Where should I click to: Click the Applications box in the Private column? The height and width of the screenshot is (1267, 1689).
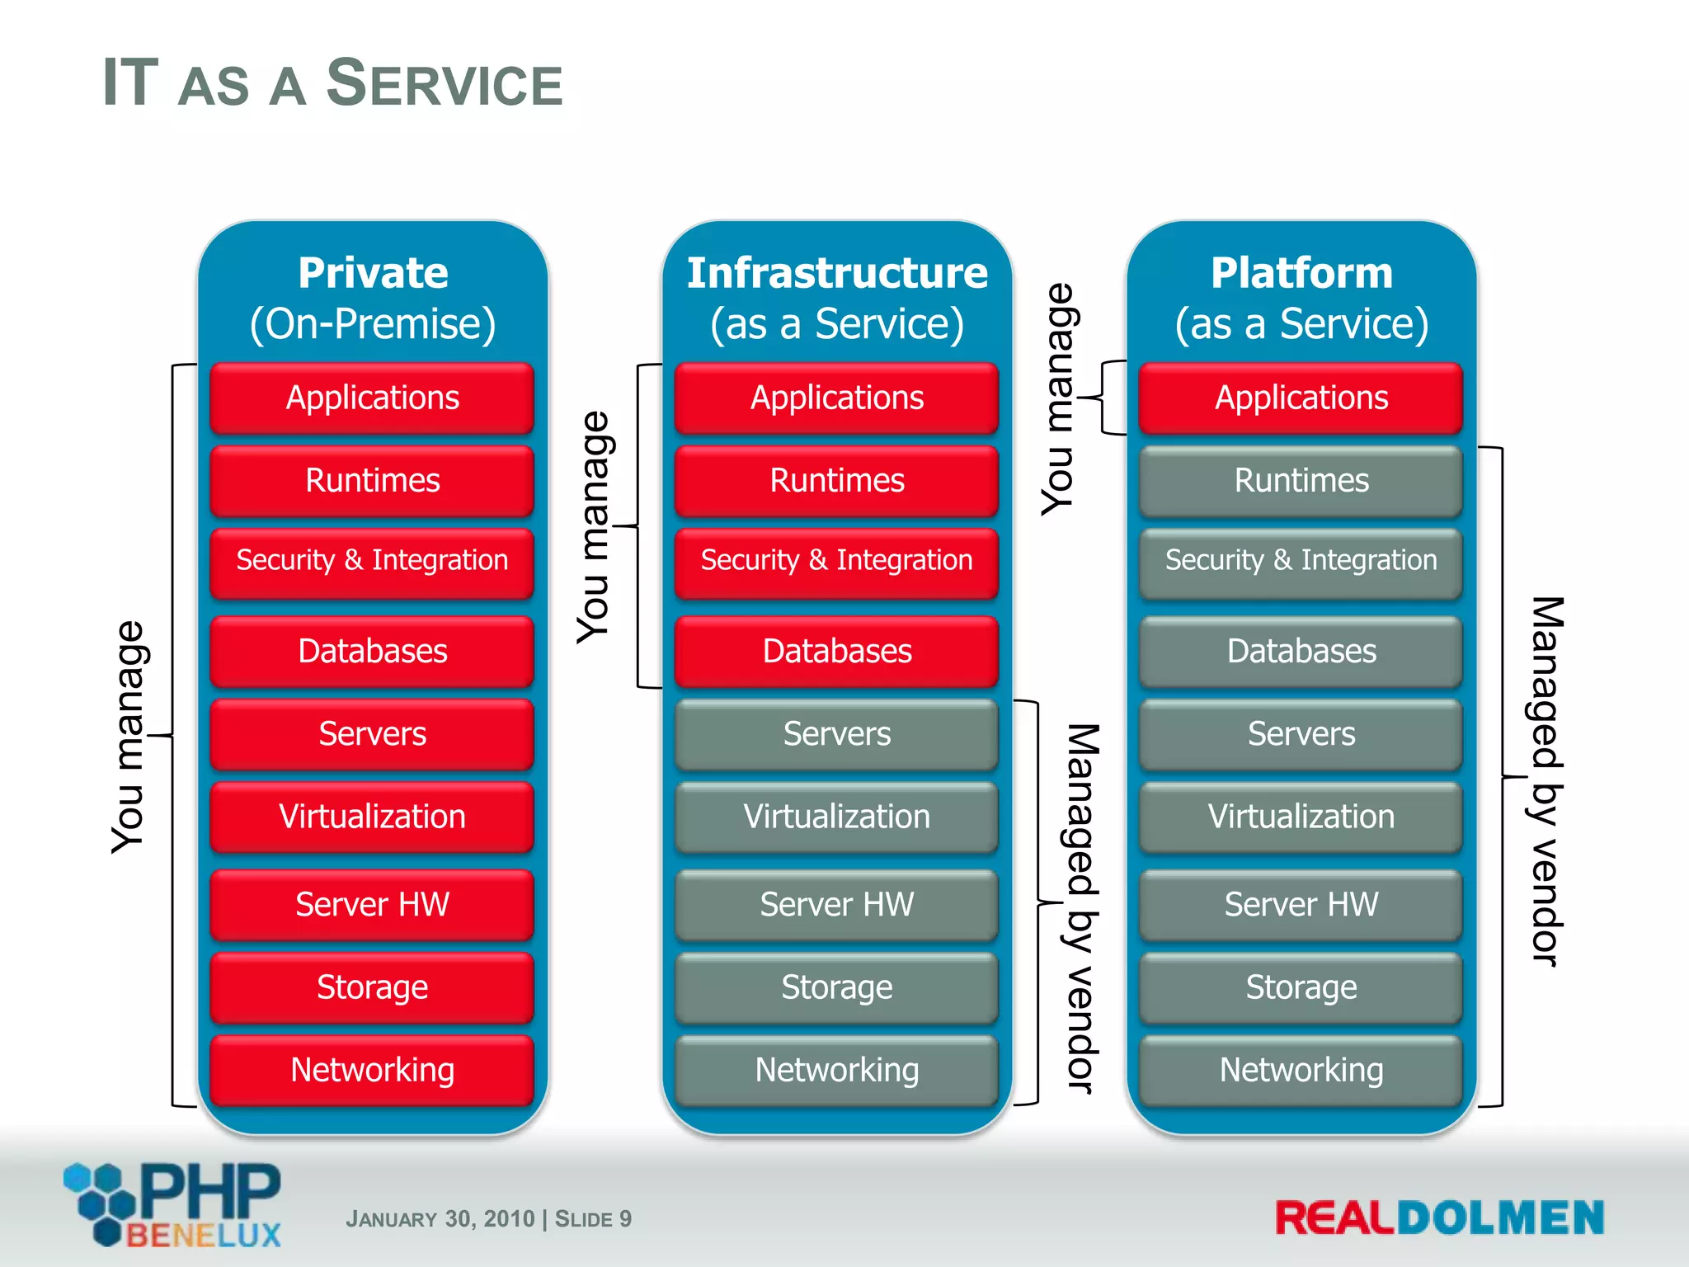point(372,398)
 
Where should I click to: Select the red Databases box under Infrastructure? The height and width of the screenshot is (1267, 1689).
point(836,651)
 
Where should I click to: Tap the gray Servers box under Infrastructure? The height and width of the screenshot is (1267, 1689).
point(836,733)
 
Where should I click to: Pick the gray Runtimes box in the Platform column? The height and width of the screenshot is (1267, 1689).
point(1301,480)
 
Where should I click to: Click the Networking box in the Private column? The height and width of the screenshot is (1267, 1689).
point(372,1070)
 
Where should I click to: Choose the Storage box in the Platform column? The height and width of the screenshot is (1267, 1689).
point(1301,987)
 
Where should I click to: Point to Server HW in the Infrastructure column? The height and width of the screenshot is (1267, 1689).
point(836,904)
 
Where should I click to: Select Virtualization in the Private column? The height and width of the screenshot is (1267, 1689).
point(372,816)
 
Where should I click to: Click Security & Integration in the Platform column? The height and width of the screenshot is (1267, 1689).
point(1301,560)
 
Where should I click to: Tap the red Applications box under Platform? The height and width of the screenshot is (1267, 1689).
point(1301,398)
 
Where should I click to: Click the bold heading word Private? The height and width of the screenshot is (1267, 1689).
point(373,273)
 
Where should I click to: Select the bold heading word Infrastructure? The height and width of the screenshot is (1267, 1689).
point(837,273)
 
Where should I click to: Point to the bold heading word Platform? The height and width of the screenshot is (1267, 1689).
point(1301,273)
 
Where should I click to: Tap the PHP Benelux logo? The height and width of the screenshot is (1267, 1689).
point(173,1204)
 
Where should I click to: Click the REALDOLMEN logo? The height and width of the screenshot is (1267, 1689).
point(1439,1218)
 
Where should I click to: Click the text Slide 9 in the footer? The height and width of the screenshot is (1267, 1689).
point(593,1218)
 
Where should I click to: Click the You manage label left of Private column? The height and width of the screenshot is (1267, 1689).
point(129,736)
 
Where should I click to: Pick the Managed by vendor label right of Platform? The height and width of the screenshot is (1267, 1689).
point(1546,780)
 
